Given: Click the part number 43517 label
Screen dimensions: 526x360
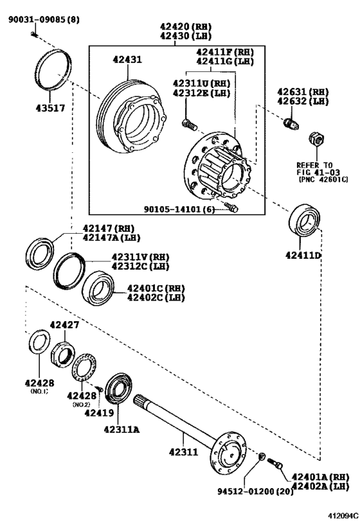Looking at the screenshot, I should click(x=50, y=109).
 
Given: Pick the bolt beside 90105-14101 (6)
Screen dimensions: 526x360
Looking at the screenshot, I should click(x=233, y=208).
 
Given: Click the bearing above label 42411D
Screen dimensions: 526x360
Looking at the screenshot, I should click(x=306, y=221).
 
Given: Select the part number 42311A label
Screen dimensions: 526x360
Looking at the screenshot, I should click(x=122, y=430).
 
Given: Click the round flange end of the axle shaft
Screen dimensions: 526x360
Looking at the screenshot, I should click(x=230, y=455).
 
